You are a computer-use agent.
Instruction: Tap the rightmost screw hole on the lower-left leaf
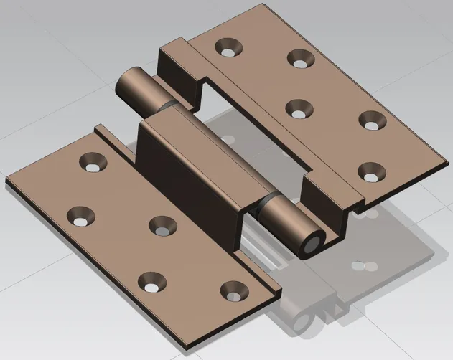click(230, 290)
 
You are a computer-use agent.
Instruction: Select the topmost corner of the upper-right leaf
click(271, 6)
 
